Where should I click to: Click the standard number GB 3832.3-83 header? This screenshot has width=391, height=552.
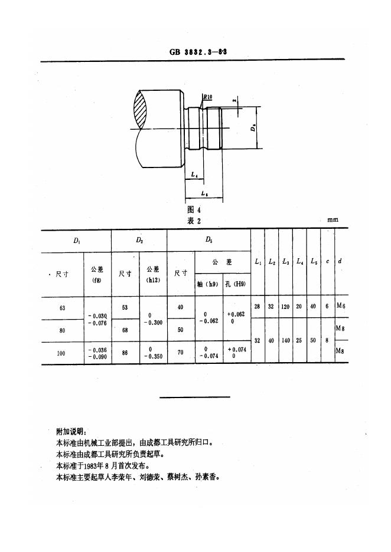pos(198,52)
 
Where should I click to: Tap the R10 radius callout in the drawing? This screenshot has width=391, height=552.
pos(208,97)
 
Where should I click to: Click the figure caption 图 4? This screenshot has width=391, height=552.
pos(194,209)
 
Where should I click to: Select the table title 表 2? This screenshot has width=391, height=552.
pos(194,221)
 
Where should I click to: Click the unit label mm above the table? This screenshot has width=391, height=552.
pos(333,220)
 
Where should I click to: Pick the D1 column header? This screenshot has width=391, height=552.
pos(77,241)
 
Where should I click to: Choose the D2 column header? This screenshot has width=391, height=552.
pos(139,241)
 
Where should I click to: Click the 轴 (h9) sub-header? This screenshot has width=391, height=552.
pos(209,284)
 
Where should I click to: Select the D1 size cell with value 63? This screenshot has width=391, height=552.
pos(63,307)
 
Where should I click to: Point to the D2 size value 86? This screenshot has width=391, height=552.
pos(125,353)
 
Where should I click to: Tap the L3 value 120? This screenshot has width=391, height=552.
pos(285,307)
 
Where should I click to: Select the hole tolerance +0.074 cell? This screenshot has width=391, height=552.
pos(236,353)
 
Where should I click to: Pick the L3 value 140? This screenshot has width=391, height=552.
pos(285,341)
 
